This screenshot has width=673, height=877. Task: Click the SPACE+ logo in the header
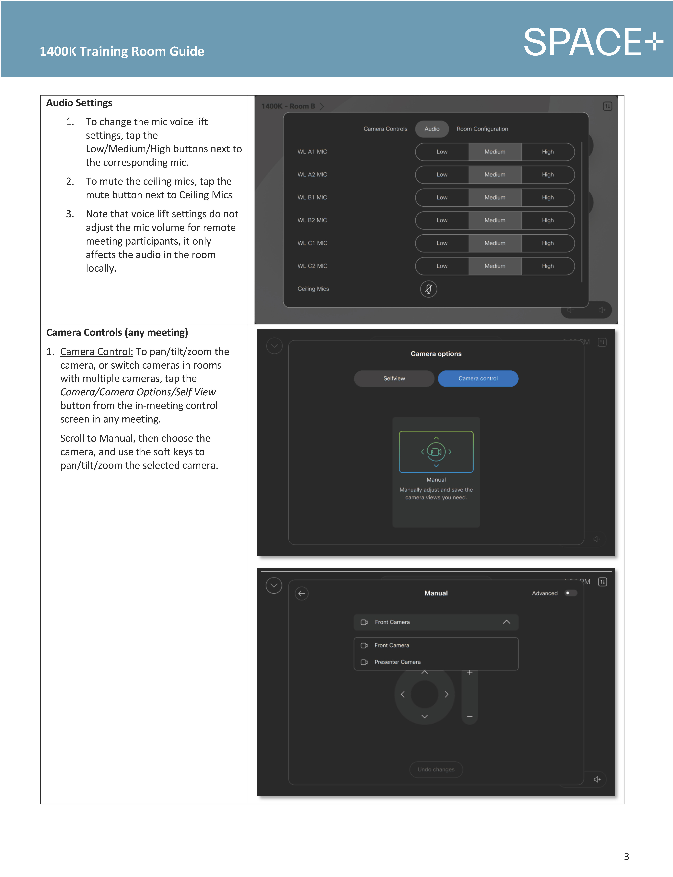click(x=593, y=42)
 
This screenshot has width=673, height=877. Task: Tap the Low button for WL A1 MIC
click(x=442, y=152)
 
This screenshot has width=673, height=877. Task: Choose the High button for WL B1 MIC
click(x=548, y=197)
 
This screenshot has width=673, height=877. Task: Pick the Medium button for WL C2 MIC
click(x=495, y=266)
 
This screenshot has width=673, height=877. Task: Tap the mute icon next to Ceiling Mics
click(x=428, y=289)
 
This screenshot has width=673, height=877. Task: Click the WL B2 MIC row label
click(x=312, y=220)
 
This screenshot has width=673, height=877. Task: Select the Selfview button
click(x=394, y=378)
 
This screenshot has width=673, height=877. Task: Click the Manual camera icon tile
click(x=436, y=452)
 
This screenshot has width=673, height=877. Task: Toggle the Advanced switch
click(x=570, y=593)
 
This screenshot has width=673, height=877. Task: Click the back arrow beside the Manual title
click(x=302, y=594)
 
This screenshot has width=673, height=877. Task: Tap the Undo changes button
click(x=436, y=769)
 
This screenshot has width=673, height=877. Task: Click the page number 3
click(x=626, y=857)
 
